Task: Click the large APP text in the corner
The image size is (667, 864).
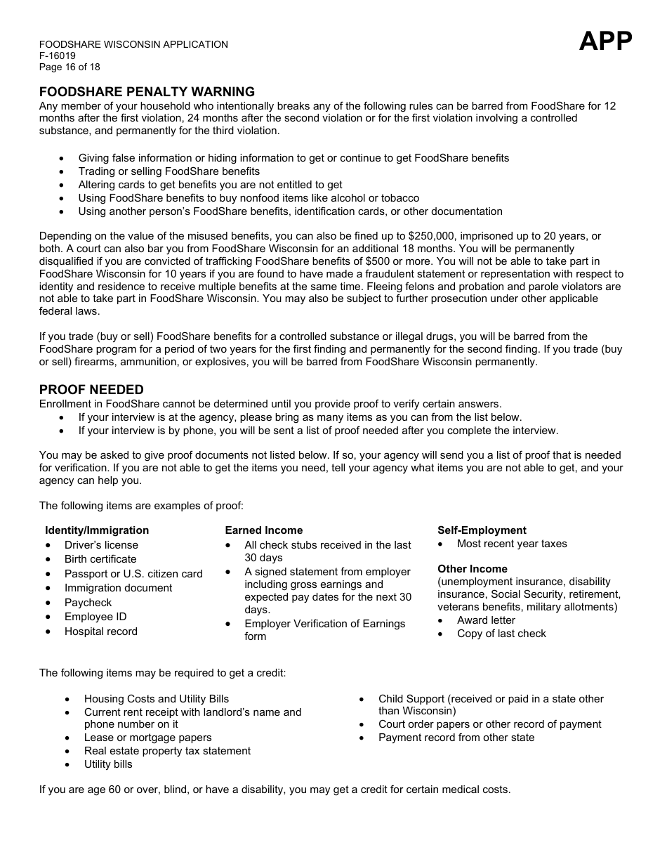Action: coord(605,41)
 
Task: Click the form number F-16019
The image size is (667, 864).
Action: coord(58,55)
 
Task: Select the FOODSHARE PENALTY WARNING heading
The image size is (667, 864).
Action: coord(147,92)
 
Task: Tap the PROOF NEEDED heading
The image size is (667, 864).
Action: coord(91,390)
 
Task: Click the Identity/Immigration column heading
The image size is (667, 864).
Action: coord(97,530)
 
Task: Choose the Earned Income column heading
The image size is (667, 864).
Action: coord(264,530)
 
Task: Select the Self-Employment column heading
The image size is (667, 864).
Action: coord(482,530)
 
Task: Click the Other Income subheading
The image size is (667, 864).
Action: coord(473,569)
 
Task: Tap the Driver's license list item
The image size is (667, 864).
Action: coord(101,545)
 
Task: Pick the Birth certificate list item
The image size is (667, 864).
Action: coord(100,559)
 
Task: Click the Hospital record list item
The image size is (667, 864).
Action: coord(101,631)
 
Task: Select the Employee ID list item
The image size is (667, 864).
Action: coord(95,617)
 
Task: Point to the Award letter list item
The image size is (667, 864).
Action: coord(486,620)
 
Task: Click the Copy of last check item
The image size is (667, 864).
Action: coord(501,634)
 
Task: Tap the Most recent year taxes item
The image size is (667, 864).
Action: coord(512,544)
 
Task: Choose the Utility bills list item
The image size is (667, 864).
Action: coord(108,764)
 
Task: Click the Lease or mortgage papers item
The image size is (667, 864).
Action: coord(147,738)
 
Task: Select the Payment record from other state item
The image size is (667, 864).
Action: coord(456,738)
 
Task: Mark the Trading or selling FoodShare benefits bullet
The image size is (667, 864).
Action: coord(169,171)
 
